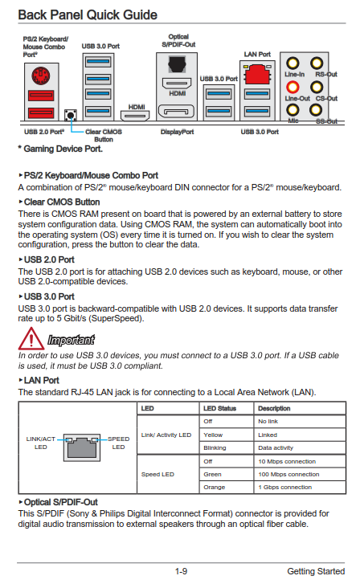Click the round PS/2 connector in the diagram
[x=41, y=76]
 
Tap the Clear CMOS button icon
[x=71, y=115]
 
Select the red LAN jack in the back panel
[x=257, y=74]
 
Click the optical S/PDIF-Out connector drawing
[x=177, y=64]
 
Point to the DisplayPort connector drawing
[x=176, y=112]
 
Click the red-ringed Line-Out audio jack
[x=292, y=87]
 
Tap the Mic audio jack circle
[x=292, y=110]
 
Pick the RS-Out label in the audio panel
[x=326, y=74]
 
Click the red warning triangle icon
[x=31, y=338]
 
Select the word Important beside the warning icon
[x=71, y=340]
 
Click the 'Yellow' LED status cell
[x=213, y=435]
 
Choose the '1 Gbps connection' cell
[x=284, y=487]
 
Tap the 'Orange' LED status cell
[x=215, y=487]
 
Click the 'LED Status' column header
[x=220, y=408]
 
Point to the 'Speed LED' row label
[x=157, y=474]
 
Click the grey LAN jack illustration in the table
[x=82, y=447]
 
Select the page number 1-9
[x=181, y=571]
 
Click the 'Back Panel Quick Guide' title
[x=88, y=15]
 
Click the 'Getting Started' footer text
[x=316, y=571]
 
